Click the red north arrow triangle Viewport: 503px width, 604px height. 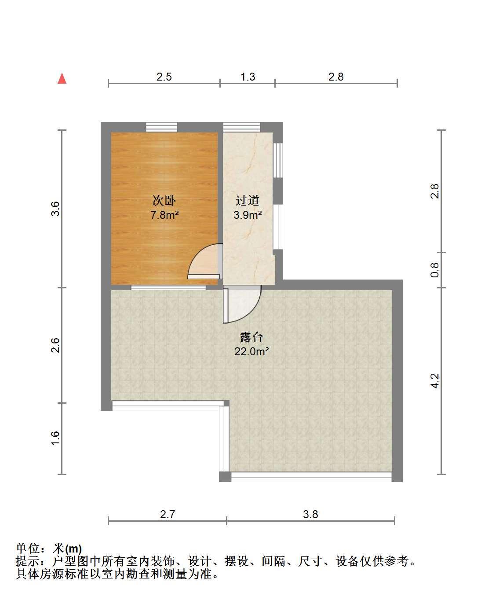pyautogui.click(x=62, y=79)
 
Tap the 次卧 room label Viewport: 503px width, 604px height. pyautogui.click(x=164, y=200)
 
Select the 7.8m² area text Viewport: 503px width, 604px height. pyautogui.click(x=164, y=215)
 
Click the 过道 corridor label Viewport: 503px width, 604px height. pyautogui.click(x=247, y=200)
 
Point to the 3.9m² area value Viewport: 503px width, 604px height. pyautogui.click(x=248, y=215)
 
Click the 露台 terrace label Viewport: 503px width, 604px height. pyautogui.click(x=251, y=337)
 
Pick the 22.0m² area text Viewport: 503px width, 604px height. pyautogui.click(x=251, y=351)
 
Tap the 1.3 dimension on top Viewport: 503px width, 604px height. pyautogui.click(x=248, y=77)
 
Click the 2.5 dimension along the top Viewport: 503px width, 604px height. pyautogui.click(x=164, y=77)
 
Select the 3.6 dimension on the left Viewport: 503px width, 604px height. pyautogui.click(x=55, y=209)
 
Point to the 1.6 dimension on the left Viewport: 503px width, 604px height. pyautogui.click(x=55, y=438)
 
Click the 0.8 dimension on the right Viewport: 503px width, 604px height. pyautogui.click(x=434, y=270)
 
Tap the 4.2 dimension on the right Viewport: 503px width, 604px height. pyautogui.click(x=434, y=381)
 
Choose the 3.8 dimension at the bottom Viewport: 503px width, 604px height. pyautogui.click(x=310, y=514)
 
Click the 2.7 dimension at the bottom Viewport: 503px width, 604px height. pyautogui.click(x=168, y=514)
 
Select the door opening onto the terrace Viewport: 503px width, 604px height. pyautogui.click(x=242, y=304)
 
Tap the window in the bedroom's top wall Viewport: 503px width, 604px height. pyautogui.click(x=161, y=127)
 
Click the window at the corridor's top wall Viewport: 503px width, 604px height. pyautogui.click(x=241, y=127)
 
